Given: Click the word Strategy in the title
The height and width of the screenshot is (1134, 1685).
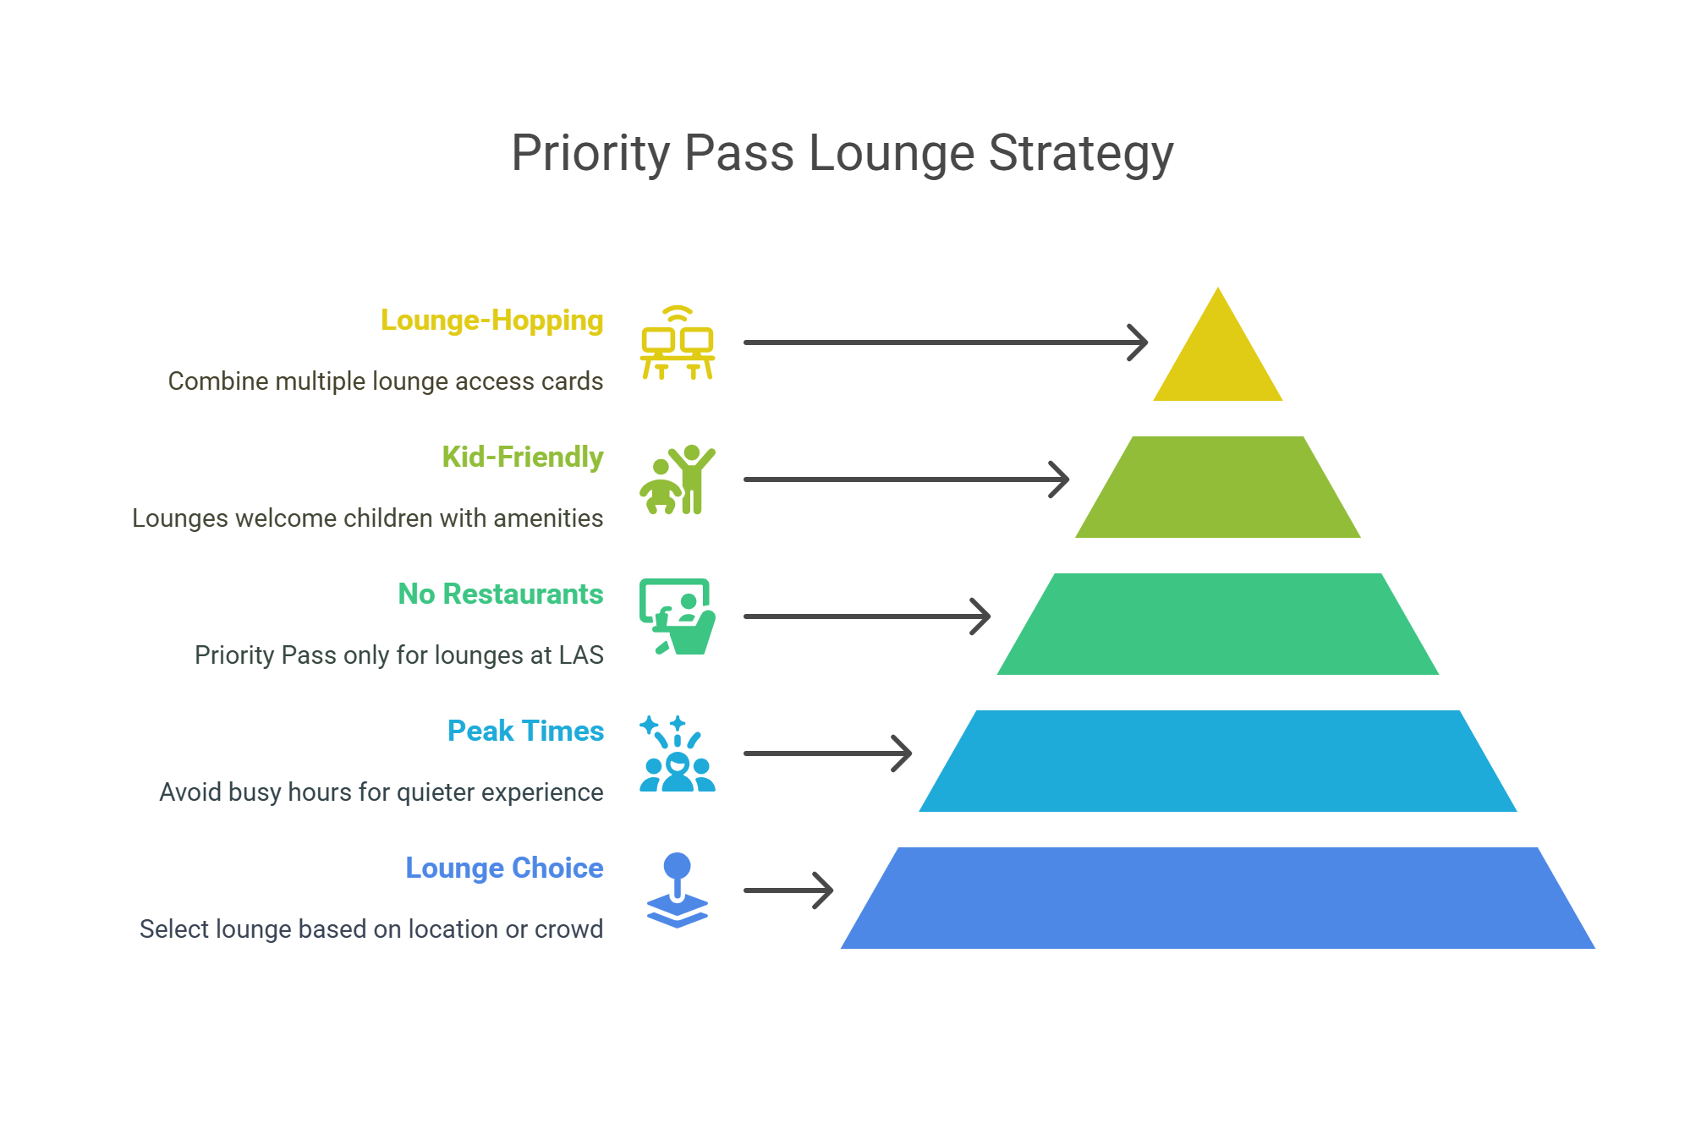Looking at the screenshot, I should [1080, 154].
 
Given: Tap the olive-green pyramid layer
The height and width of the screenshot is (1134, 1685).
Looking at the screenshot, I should [1217, 487].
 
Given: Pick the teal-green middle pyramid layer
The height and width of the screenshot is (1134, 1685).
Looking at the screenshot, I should [1217, 624].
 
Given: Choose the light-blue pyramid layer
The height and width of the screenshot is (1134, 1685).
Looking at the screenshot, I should [1217, 761].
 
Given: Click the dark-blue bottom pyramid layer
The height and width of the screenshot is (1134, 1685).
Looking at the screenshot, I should [1217, 898].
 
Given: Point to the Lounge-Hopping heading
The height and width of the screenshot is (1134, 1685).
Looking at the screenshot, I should [491, 320].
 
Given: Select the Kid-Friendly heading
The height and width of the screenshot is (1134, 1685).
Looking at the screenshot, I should [522, 457].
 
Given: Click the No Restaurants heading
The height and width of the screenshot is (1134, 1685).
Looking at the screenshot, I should [500, 594].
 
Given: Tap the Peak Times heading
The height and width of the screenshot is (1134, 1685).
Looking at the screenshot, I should [525, 731].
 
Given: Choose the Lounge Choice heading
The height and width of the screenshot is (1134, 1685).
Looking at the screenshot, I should [504, 868].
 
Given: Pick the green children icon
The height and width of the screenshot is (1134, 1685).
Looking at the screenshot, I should [678, 479].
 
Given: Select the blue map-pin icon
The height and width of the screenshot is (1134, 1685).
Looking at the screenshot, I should [678, 890].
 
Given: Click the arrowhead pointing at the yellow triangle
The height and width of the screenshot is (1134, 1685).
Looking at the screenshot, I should [1139, 342].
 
